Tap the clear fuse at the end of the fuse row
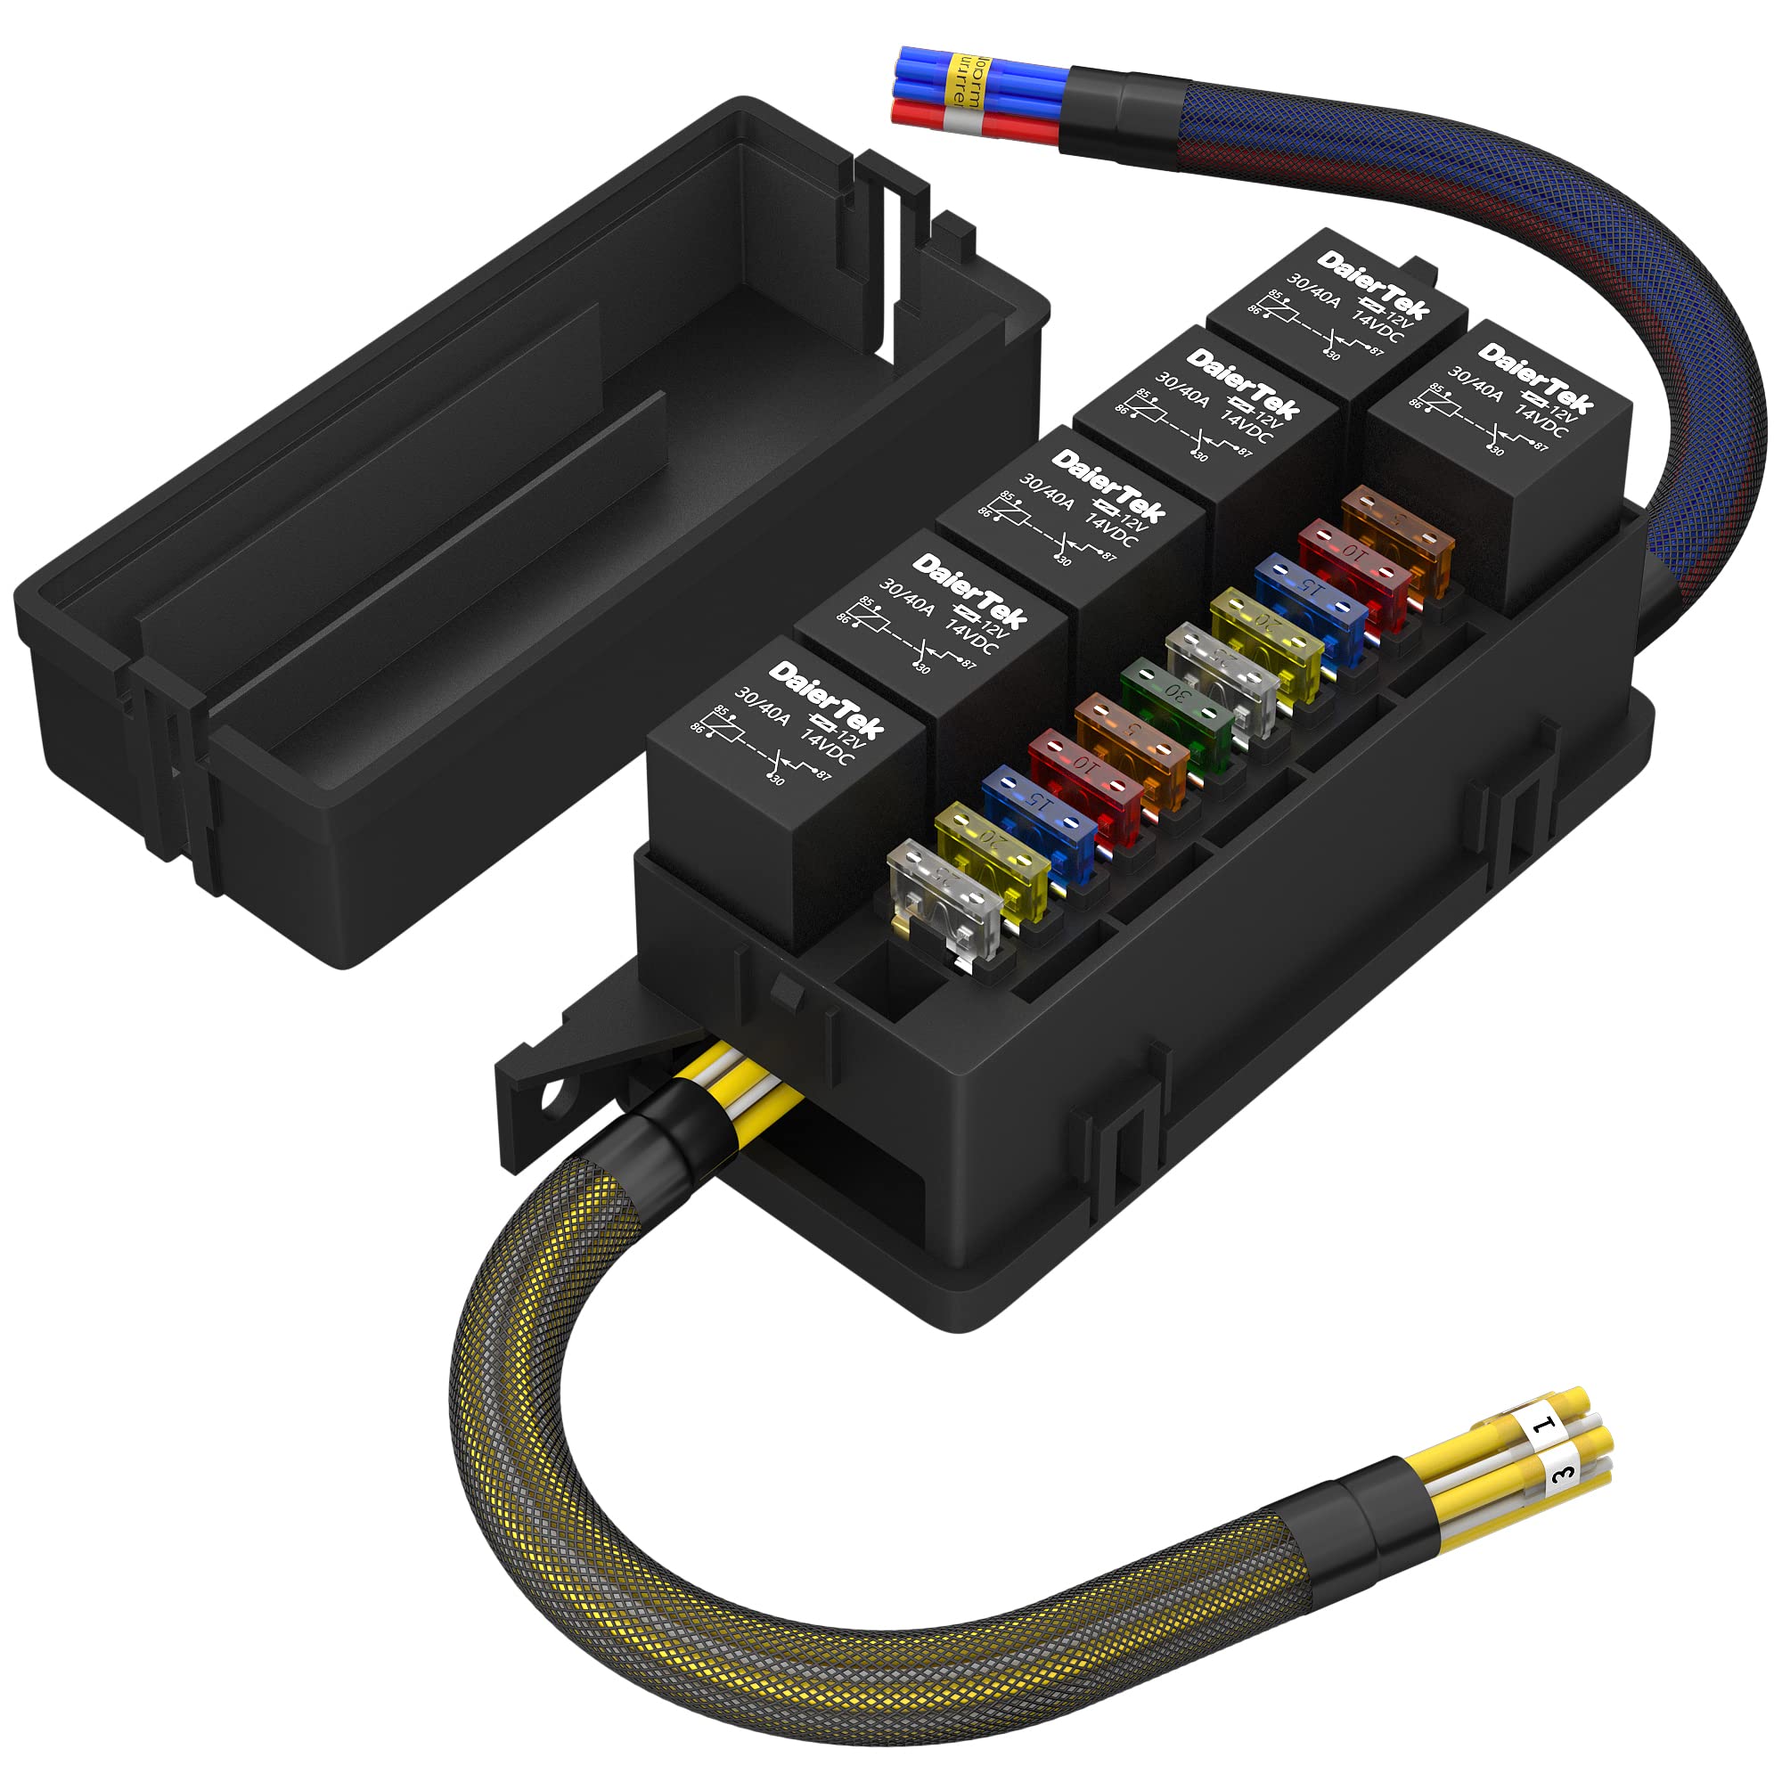coord(943,898)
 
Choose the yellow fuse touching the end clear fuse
coord(992,858)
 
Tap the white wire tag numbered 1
coord(1542,1429)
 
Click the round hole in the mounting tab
coord(555,1095)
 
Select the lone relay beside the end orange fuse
coord(1499,462)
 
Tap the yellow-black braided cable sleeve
coord(830,1623)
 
